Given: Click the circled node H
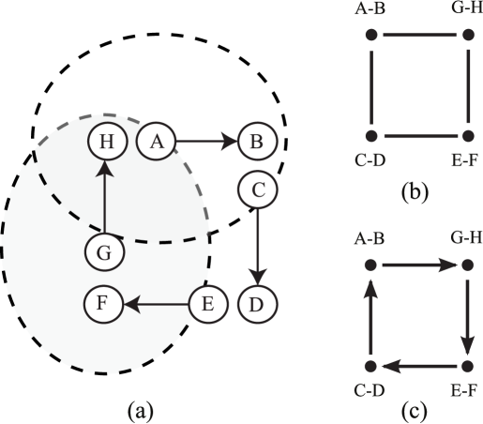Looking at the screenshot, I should (106, 142).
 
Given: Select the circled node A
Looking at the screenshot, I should (157, 142).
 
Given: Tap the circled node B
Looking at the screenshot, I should (254, 142).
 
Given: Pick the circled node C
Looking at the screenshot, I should (258, 190).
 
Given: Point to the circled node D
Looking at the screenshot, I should (258, 304).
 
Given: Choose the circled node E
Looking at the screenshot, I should (207, 304).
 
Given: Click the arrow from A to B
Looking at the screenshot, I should (205, 142).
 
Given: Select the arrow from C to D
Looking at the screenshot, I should (258, 247).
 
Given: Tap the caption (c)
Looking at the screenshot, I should (415, 409).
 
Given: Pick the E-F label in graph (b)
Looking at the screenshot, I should (466, 161).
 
